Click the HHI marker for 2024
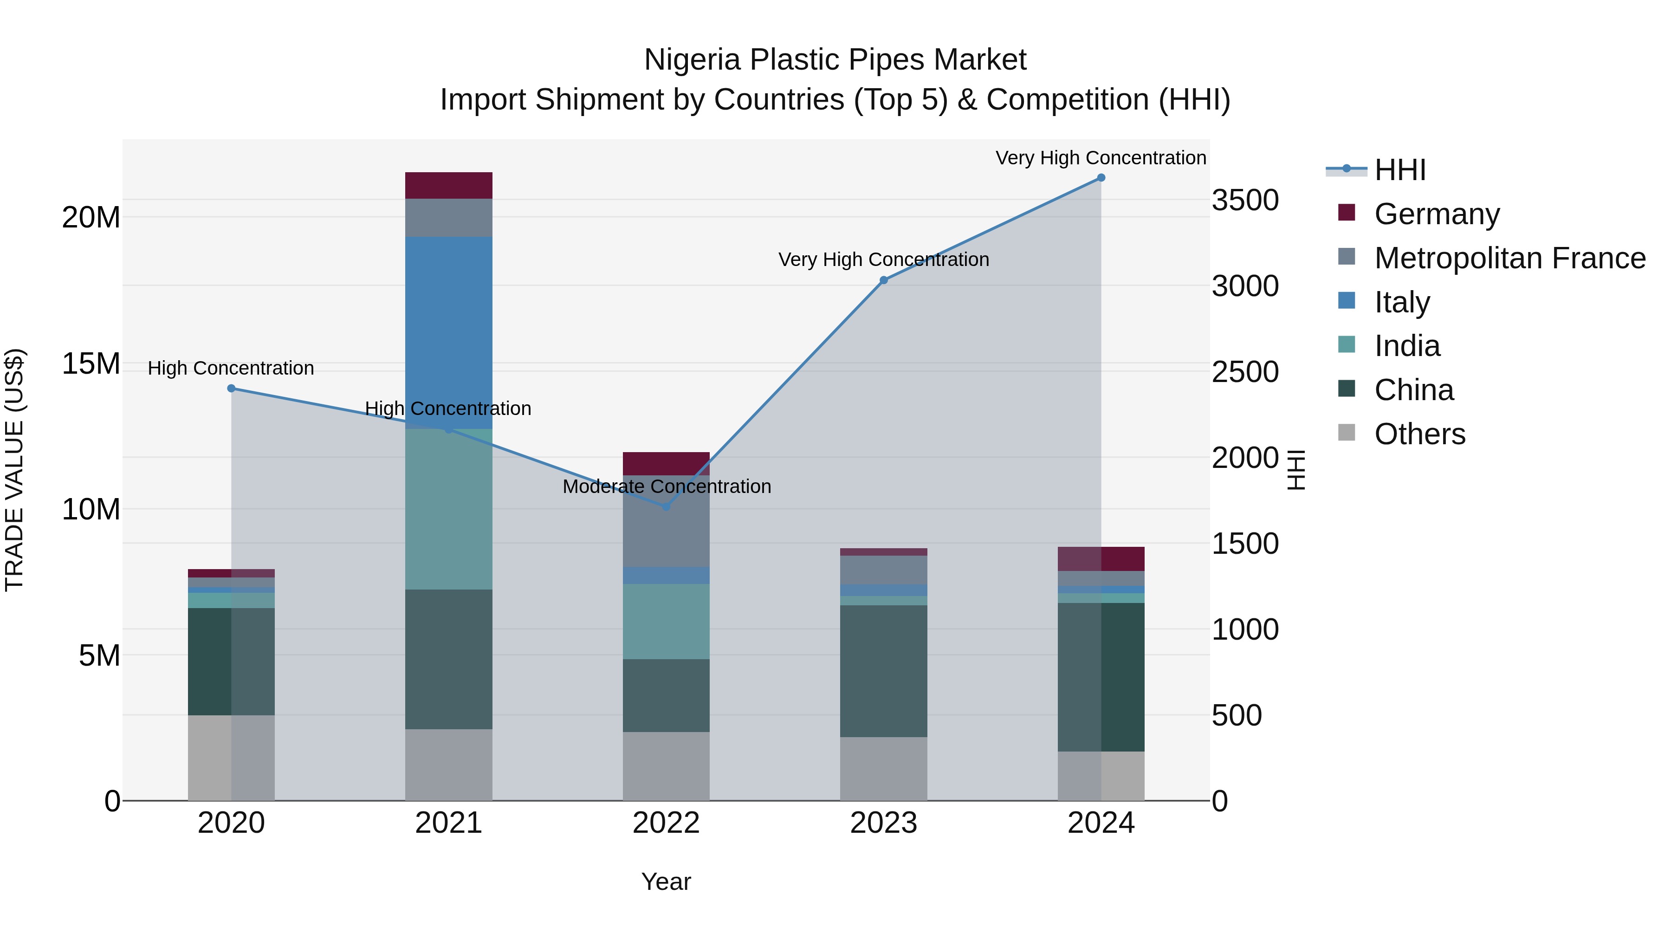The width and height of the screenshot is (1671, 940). [1101, 178]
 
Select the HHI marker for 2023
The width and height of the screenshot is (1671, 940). [883, 280]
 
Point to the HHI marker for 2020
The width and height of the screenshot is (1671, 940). [232, 389]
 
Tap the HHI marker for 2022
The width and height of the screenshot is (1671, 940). [666, 506]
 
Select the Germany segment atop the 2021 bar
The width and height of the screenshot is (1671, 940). [449, 186]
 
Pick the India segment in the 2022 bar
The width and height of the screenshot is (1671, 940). [666, 622]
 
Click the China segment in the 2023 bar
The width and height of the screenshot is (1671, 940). [883, 671]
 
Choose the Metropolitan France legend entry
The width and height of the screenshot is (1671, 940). [1509, 258]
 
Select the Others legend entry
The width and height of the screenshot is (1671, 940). [1419, 434]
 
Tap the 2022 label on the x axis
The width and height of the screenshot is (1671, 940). [666, 823]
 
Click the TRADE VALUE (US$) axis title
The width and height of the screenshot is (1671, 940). [14, 470]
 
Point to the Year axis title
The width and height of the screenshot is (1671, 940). [666, 882]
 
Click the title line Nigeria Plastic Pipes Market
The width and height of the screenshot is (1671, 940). [835, 60]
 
